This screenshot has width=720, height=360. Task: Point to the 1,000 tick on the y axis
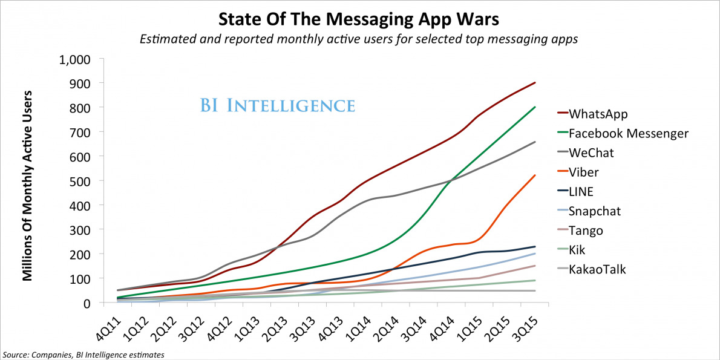[73, 59]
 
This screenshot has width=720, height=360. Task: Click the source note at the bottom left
[83, 354]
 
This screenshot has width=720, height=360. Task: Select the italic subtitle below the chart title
[359, 40]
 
